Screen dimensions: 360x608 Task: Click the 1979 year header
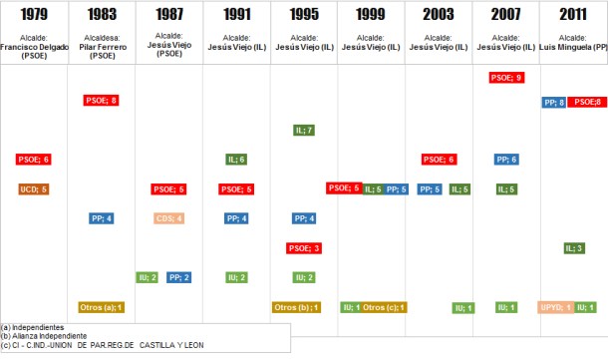click(33, 14)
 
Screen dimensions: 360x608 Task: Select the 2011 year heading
click(573, 14)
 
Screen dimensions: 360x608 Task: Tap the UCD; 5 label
click(33, 188)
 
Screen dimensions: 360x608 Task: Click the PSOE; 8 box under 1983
click(101, 100)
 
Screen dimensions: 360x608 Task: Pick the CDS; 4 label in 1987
click(168, 218)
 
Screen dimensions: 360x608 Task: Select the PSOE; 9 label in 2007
click(506, 77)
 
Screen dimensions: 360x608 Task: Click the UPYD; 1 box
click(555, 307)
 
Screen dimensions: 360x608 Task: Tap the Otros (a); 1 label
click(101, 307)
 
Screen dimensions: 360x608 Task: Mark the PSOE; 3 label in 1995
click(304, 248)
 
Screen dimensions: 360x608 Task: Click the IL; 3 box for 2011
click(574, 248)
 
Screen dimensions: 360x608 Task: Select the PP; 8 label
click(555, 102)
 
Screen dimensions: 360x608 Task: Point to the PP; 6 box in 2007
click(506, 160)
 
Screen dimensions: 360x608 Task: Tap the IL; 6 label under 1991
click(236, 160)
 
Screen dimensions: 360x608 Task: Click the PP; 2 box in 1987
click(179, 277)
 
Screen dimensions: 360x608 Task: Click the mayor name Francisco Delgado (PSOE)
click(33, 47)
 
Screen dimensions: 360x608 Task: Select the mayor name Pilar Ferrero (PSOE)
click(101, 47)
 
